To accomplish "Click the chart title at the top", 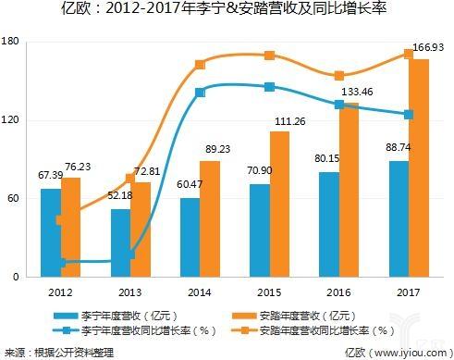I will pos(227,12).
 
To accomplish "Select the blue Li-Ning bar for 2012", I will pos(52,232).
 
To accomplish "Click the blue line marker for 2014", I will pos(200,93).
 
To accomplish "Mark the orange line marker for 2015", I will pos(269,56).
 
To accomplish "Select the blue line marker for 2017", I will pos(408,114).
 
